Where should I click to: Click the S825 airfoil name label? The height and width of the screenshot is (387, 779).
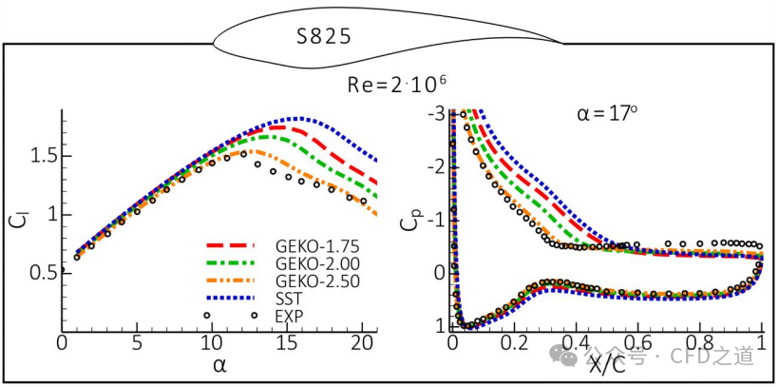tap(324, 37)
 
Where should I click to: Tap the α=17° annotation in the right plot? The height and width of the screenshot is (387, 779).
tap(608, 115)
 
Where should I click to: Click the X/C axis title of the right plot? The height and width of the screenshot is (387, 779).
tap(607, 363)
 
